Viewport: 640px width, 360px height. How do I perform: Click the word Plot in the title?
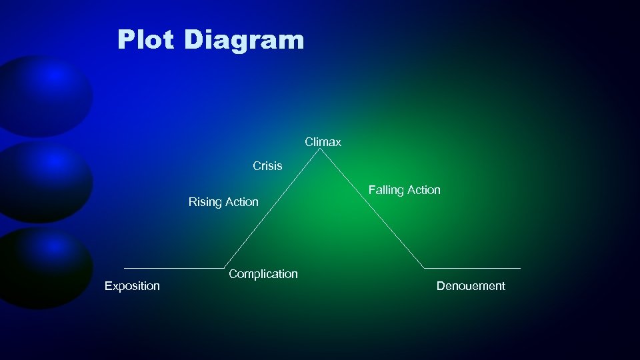[145, 39]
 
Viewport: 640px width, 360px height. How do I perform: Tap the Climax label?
[323, 142]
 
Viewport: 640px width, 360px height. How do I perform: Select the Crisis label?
[267, 166]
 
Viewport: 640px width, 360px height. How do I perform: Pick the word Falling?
[386, 190]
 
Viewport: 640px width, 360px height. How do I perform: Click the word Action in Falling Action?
[424, 190]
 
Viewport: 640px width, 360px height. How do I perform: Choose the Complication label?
[263, 274]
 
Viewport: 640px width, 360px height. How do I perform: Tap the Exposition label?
[132, 286]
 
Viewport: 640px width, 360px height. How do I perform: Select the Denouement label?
[471, 286]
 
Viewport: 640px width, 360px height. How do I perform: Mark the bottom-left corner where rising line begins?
[225, 268]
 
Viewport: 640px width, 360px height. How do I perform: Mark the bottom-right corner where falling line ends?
[424, 268]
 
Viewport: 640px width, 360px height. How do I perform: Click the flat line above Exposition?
[173, 268]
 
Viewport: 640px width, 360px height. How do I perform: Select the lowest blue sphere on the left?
[44, 267]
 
